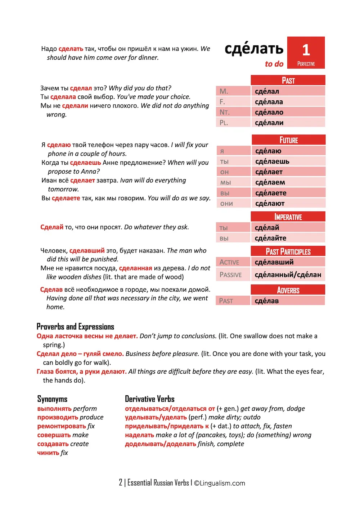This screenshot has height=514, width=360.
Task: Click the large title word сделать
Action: click(x=254, y=49)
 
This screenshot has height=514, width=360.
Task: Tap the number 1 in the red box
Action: click(x=306, y=50)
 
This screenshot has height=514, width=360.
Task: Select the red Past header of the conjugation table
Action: click(x=288, y=80)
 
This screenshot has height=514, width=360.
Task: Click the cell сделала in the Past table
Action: click(x=269, y=102)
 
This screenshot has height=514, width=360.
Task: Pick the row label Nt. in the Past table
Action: click(x=225, y=112)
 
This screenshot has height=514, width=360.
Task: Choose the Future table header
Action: click(x=288, y=140)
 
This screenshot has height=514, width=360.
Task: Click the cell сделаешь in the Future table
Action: click(x=272, y=162)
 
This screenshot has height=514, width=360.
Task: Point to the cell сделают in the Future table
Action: click(x=270, y=204)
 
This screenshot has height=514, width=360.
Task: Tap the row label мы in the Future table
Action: click(x=226, y=183)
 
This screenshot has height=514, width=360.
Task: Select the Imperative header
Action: click(x=288, y=217)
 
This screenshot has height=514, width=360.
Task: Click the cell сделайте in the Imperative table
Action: click(x=271, y=238)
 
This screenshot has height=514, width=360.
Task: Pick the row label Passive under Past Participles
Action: click(x=231, y=275)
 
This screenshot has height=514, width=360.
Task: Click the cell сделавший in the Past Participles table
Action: click(x=274, y=262)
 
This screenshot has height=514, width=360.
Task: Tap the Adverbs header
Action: click(x=288, y=290)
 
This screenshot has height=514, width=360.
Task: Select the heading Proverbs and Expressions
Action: click(x=75, y=327)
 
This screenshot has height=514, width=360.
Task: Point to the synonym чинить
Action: click(x=48, y=453)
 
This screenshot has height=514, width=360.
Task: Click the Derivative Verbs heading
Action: click(x=149, y=399)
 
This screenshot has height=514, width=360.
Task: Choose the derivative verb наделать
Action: click(x=140, y=435)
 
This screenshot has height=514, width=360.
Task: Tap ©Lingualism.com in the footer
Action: click(x=220, y=483)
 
